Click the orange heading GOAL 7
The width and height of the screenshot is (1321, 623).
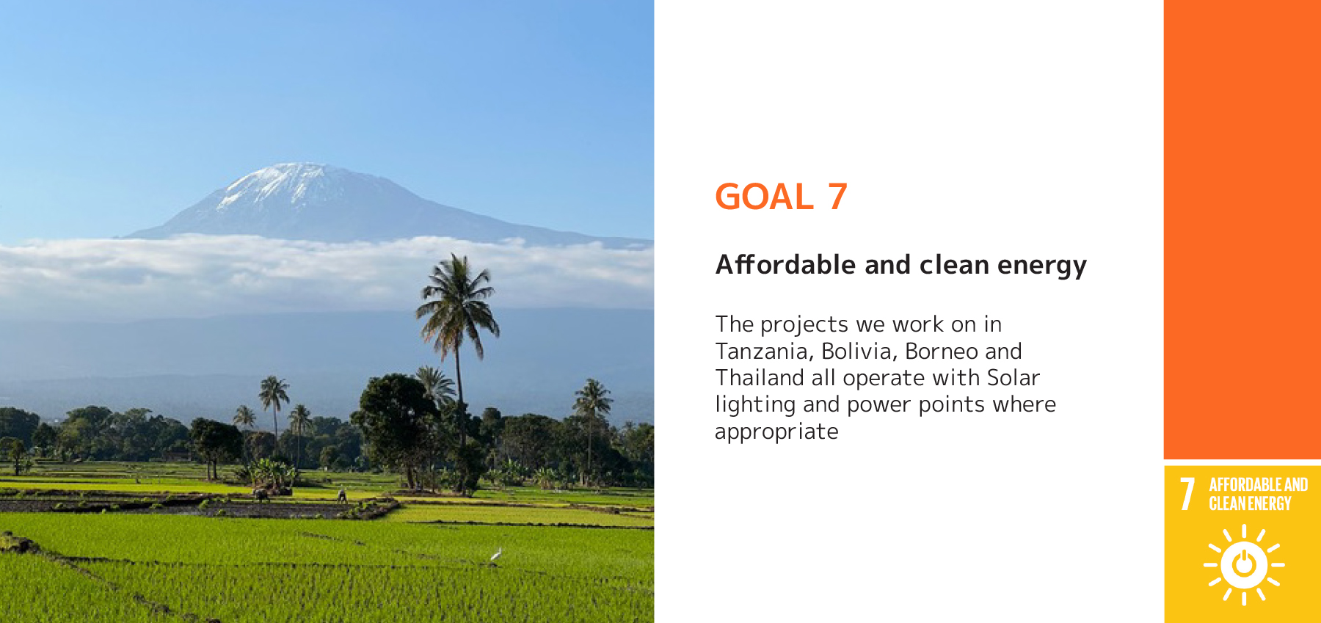(781, 197)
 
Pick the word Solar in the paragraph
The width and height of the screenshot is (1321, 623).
(1014, 378)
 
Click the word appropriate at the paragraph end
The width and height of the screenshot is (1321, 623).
(776, 432)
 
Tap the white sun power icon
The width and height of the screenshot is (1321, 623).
(1243, 564)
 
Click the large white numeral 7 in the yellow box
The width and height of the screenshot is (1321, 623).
(1187, 494)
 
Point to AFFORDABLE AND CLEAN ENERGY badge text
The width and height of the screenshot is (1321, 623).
(1258, 494)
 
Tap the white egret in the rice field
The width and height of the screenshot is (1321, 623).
(496, 554)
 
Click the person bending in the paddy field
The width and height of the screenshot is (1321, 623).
(342, 497)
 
